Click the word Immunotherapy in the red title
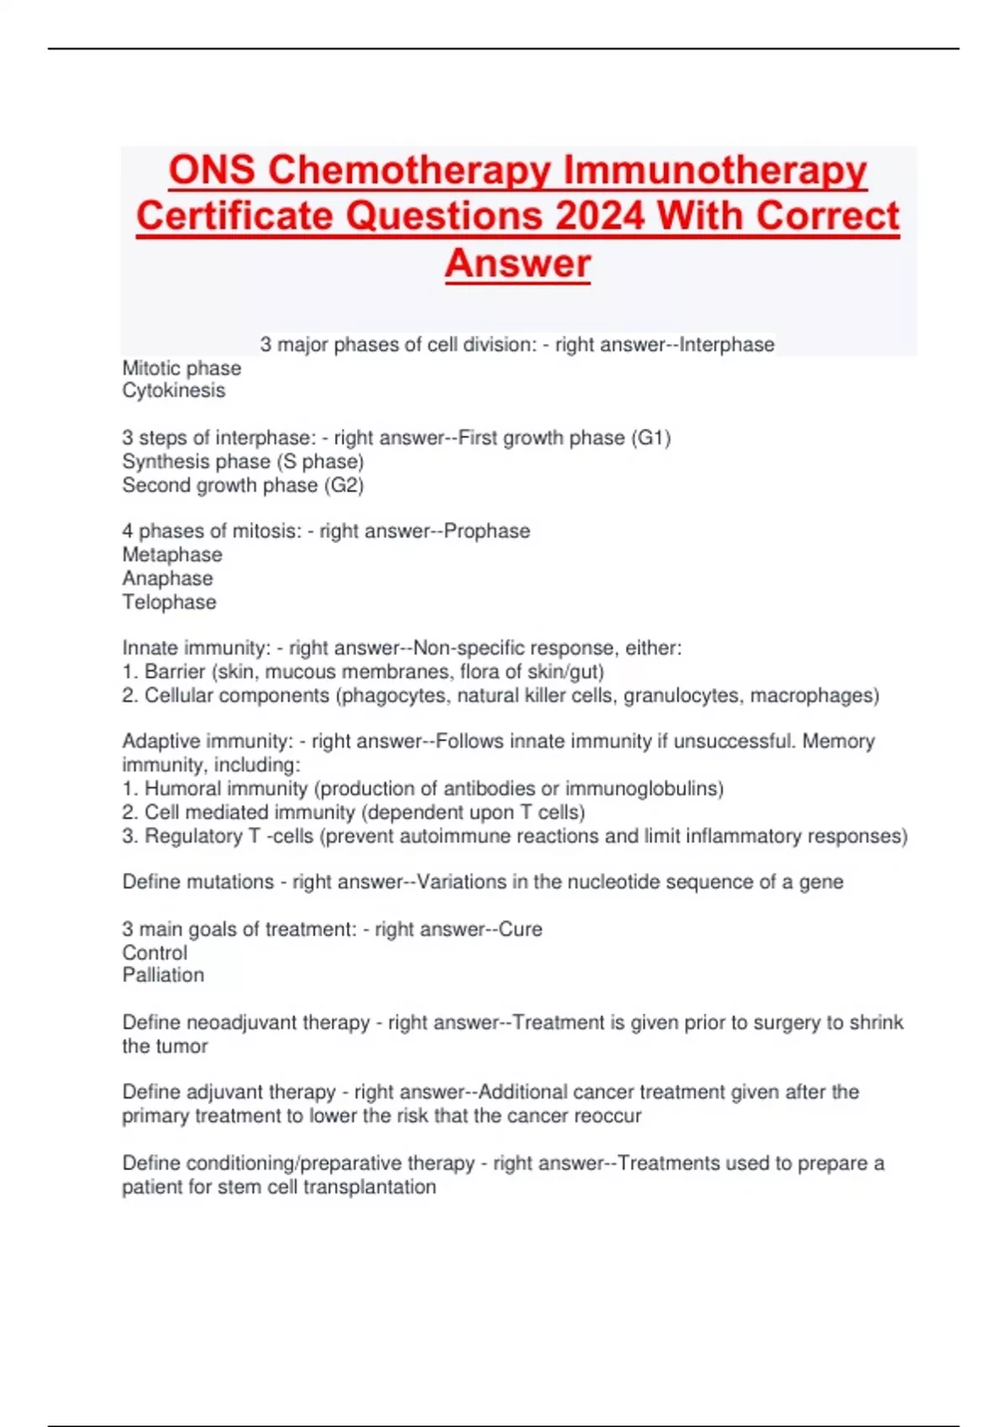click(x=715, y=170)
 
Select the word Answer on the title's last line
click(x=517, y=264)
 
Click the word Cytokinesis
click(x=174, y=391)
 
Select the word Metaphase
click(x=172, y=555)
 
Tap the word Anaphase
click(x=167, y=578)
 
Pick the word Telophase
click(x=169, y=602)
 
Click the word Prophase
click(x=487, y=531)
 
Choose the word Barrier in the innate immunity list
click(x=175, y=672)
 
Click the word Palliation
click(x=163, y=975)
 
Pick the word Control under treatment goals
click(x=155, y=953)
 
